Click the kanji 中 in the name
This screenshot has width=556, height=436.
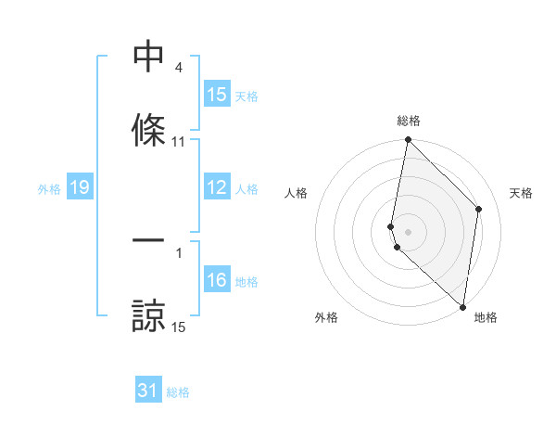click(148, 58)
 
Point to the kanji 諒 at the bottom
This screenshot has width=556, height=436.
click(148, 314)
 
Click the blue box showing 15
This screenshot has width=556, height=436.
click(217, 95)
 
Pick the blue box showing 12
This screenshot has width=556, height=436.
click(217, 187)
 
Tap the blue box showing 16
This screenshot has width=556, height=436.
click(217, 281)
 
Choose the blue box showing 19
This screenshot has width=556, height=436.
click(79, 187)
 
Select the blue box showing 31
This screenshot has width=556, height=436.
click(148, 391)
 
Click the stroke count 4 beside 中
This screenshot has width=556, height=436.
click(178, 68)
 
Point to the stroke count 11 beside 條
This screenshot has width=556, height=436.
click(179, 142)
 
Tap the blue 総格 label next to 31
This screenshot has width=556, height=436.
click(178, 392)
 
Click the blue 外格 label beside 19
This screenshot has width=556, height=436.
click(49, 188)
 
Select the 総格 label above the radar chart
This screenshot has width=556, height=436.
click(409, 121)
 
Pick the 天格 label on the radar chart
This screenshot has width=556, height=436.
click(521, 193)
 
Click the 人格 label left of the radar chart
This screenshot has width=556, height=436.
click(296, 193)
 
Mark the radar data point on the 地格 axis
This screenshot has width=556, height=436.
click(463, 306)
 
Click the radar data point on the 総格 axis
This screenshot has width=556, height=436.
click(409, 141)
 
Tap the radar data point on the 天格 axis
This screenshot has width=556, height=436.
click(479, 209)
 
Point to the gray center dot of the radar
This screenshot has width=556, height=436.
click(409, 231)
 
